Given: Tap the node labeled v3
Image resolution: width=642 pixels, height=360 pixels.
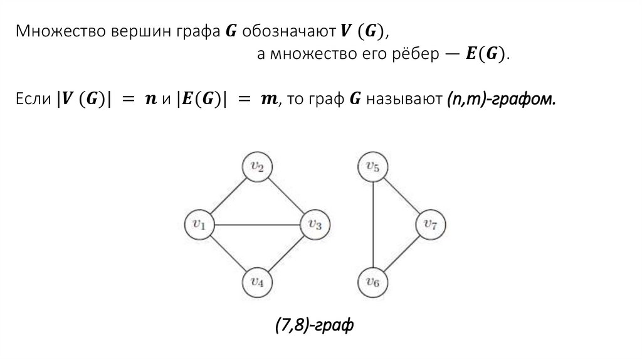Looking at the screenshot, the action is click(315, 225).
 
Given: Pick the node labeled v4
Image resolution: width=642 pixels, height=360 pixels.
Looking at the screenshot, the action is click(257, 282).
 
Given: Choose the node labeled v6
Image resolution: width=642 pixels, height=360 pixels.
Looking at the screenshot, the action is click(373, 282).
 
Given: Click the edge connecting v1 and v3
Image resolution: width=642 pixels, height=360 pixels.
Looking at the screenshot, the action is click(257, 225).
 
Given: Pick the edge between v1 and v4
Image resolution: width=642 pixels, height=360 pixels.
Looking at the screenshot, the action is click(228, 253).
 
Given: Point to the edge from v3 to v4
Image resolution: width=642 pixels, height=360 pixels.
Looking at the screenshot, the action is click(286, 253).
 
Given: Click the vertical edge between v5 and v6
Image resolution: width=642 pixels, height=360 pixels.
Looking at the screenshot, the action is click(373, 225).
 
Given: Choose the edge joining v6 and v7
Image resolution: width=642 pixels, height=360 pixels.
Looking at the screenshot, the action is click(402, 253).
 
